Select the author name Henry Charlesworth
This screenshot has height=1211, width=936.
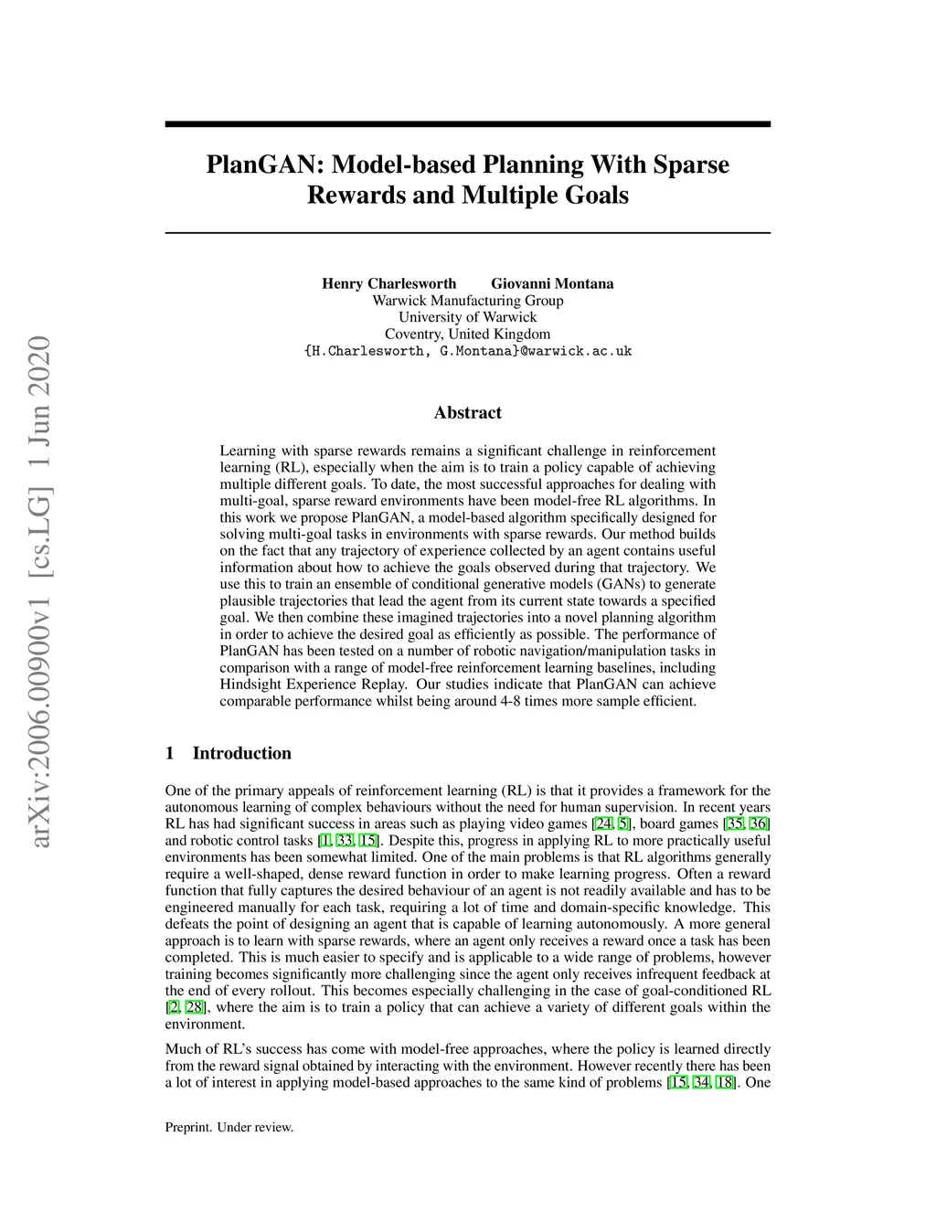(388, 283)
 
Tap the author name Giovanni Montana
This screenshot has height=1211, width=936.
(552, 283)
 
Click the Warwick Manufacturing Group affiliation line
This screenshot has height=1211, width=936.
(467, 301)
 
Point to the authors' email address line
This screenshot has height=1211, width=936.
(467, 351)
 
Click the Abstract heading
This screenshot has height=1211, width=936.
(467, 413)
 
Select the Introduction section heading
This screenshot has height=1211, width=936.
(241, 753)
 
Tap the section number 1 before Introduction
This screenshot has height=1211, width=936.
(170, 753)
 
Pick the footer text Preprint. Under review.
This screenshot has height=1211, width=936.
(229, 1128)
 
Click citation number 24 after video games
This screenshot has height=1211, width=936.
(603, 824)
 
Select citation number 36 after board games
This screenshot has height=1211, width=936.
(760, 824)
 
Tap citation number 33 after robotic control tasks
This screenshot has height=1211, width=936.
(345, 841)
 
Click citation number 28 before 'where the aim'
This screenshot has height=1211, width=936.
(195, 1007)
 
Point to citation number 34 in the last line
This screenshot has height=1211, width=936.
(702, 1083)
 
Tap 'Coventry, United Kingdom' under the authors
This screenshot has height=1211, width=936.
(467, 335)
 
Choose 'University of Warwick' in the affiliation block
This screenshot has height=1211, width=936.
(467, 317)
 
